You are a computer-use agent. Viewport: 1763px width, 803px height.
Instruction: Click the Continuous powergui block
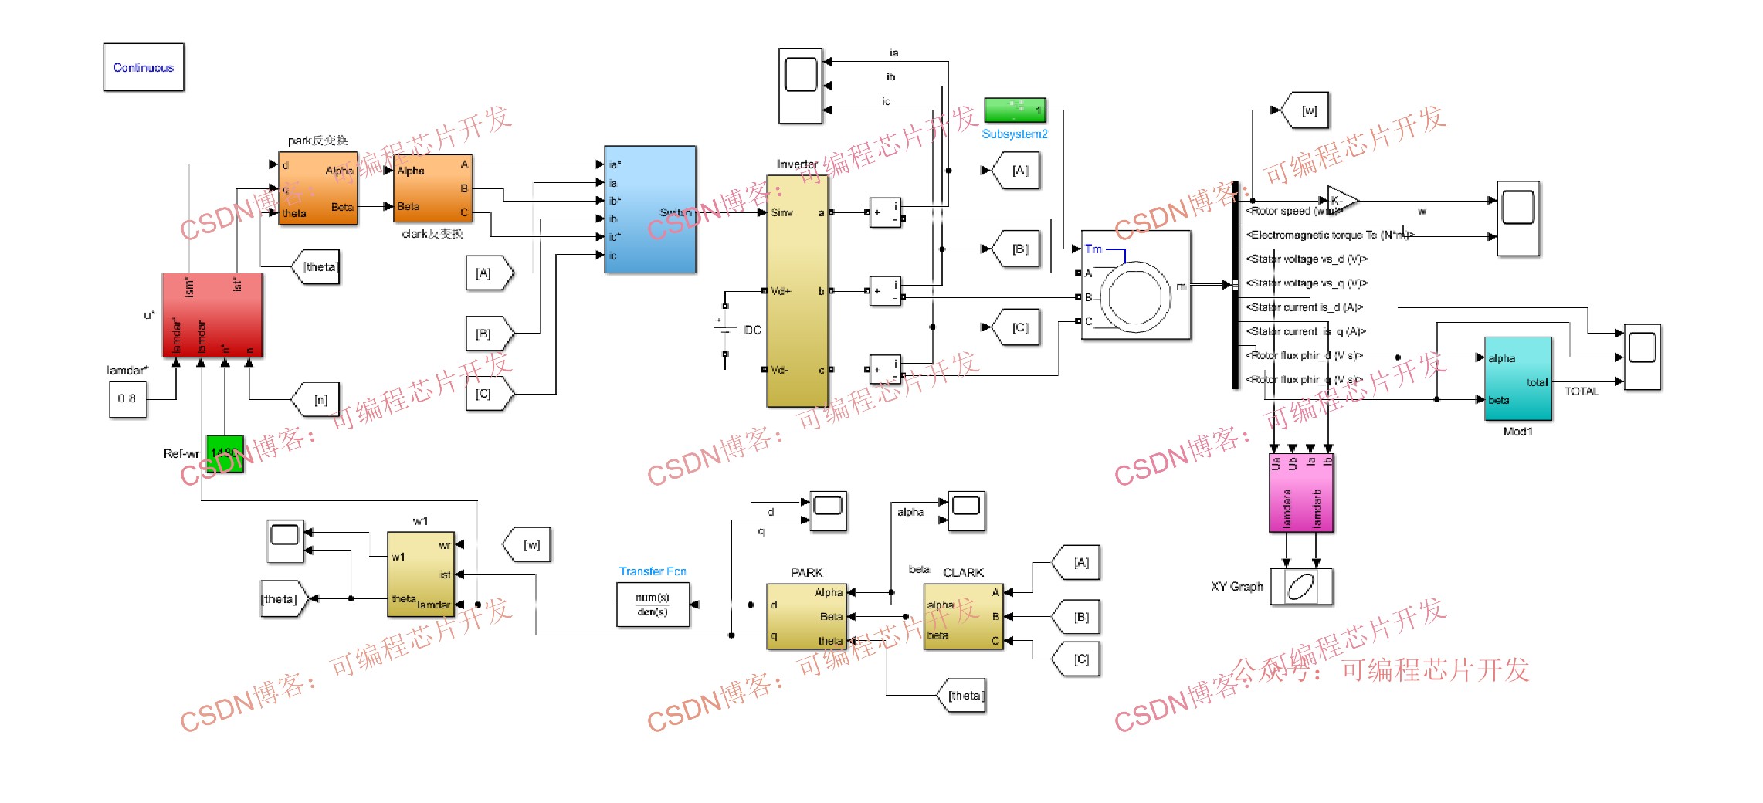pyautogui.click(x=144, y=67)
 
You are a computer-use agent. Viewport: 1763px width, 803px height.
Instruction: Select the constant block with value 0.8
pyautogui.click(x=127, y=399)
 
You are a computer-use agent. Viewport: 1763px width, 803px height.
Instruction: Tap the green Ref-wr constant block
pyautogui.click(x=225, y=453)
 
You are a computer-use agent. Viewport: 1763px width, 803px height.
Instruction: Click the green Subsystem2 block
pyautogui.click(x=1014, y=110)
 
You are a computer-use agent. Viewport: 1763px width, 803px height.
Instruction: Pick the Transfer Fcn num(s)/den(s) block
pyautogui.click(x=653, y=605)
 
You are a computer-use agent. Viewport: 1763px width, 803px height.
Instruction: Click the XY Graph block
pyautogui.click(x=1301, y=587)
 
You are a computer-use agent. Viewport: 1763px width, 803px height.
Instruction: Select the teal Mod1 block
pyautogui.click(x=1517, y=378)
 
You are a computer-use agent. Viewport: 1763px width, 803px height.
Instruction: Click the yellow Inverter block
pyautogui.click(x=797, y=291)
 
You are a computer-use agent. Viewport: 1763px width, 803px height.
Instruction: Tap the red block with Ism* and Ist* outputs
pyautogui.click(x=212, y=315)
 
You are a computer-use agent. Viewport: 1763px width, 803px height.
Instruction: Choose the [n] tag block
pyautogui.click(x=317, y=400)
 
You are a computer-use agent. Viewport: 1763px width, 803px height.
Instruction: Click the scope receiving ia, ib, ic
pyautogui.click(x=801, y=85)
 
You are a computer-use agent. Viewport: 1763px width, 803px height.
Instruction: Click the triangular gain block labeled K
pyautogui.click(x=1340, y=201)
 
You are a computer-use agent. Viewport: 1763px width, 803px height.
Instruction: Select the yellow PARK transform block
pyautogui.click(x=805, y=616)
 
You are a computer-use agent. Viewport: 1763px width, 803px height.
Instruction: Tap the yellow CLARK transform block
pyautogui.click(x=963, y=616)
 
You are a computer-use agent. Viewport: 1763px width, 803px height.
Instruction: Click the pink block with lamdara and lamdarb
pyautogui.click(x=1301, y=493)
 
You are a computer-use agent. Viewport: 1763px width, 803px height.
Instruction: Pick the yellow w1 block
pyautogui.click(x=420, y=574)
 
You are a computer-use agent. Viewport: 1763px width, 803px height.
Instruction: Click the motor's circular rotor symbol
pyautogui.click(x=1135, y=296)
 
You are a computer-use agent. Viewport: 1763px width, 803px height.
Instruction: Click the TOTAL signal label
pyautogui.click(x=1581, y=391)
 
